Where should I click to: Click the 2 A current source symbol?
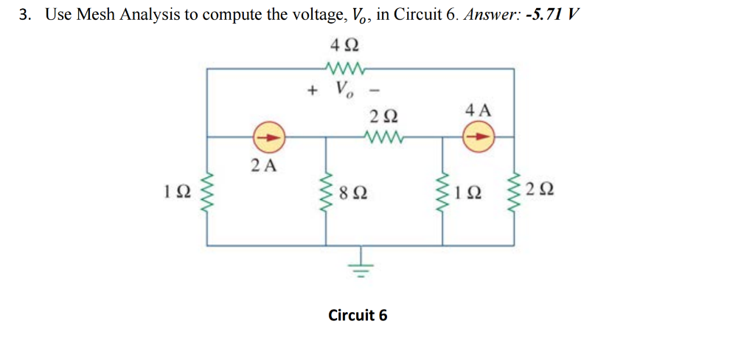click(x=268, y=136)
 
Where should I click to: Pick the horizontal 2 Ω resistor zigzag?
click(x=382, y=136)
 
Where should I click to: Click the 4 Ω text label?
click(x=344, y=46)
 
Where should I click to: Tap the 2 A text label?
click(x=263, y=165)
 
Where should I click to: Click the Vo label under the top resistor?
click(x=344, y=91)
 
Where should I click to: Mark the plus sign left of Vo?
click(x=313, y=91)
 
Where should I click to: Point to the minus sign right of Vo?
click(x=375, y=91)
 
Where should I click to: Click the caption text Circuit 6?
click(x=358, y=315)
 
